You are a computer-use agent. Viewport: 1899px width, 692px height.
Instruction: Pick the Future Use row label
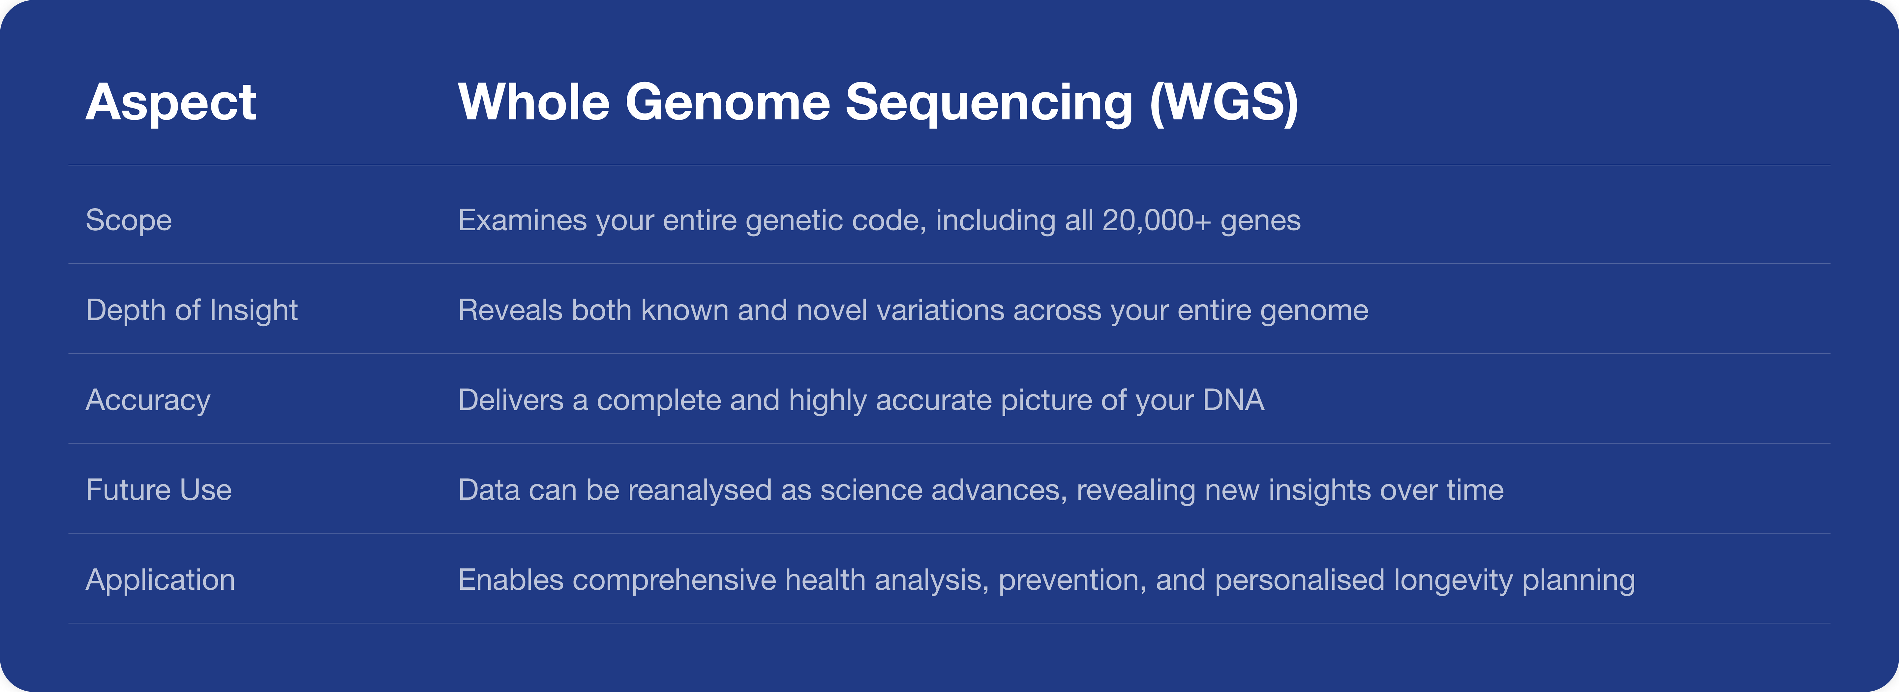pos(159,490)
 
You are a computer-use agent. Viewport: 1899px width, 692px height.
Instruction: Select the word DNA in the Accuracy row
pos(1233,400)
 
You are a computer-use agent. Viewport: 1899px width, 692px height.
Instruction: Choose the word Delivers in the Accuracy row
pos(511,400)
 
